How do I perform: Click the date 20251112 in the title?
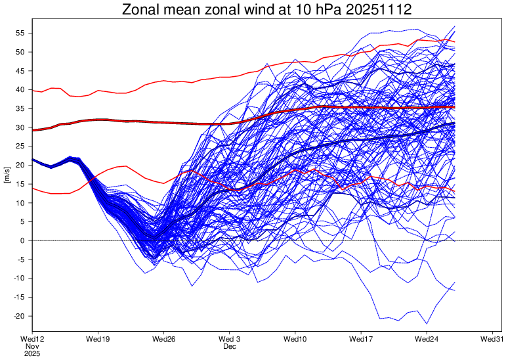point(371,10)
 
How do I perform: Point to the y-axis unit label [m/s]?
point(7,174)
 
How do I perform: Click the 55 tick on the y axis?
point(20,33)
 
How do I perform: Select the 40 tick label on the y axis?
point(20,90)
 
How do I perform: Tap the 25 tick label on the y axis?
point(20,146)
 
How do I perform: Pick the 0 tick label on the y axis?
point(22,241)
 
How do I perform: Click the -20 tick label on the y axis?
point(19,317)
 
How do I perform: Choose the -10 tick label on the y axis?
point(19,279)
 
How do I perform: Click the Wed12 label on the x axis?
point(32,338)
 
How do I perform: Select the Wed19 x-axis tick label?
point(98,338)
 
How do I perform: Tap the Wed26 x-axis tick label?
point(163,338)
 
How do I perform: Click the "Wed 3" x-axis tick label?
point(230,338)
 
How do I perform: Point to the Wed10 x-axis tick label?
point(295,338)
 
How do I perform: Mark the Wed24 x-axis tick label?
point(427,338)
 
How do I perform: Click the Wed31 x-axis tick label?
point(493,338)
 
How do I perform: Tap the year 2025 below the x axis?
point(32,353)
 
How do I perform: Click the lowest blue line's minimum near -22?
point(427,324)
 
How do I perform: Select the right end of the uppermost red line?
point(455,42)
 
